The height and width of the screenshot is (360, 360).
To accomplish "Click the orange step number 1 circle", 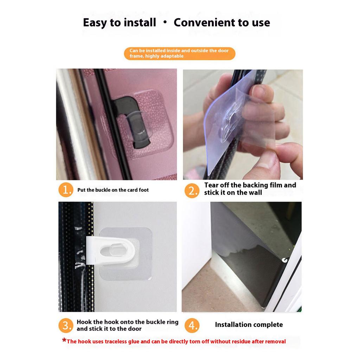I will [66, 190].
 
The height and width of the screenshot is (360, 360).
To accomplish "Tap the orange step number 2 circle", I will [192, 191].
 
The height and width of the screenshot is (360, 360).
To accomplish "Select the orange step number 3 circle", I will [66, 326].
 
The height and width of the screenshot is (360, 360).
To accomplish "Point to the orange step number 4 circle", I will [192, 326].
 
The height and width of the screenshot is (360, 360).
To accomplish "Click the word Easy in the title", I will [96, 23].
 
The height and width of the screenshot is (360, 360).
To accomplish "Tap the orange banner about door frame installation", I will [179, 53].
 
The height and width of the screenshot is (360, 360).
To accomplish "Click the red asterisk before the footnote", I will [64, 340].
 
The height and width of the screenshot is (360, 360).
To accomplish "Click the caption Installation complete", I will [249, 325].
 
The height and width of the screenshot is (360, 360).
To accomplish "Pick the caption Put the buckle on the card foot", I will [113, 190].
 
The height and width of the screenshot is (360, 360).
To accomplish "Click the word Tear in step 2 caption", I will [211, 185].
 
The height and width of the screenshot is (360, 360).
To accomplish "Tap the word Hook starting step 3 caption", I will [85, 322].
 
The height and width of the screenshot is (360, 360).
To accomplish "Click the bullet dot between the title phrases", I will [165, 22].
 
